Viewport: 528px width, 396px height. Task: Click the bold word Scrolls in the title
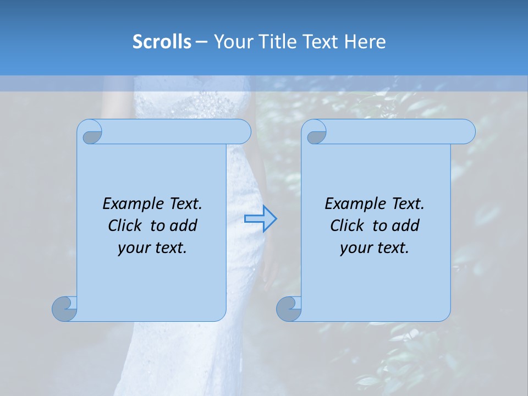point(162,42)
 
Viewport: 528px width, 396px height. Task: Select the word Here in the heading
point(365,42)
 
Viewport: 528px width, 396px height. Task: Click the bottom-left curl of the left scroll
point(65,309)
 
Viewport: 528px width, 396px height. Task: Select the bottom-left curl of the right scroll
point(289,309)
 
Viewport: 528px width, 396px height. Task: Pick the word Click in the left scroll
point(127,226)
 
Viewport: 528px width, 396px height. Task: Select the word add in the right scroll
point(406,226)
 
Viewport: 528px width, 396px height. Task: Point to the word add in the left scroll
point(183,226)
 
